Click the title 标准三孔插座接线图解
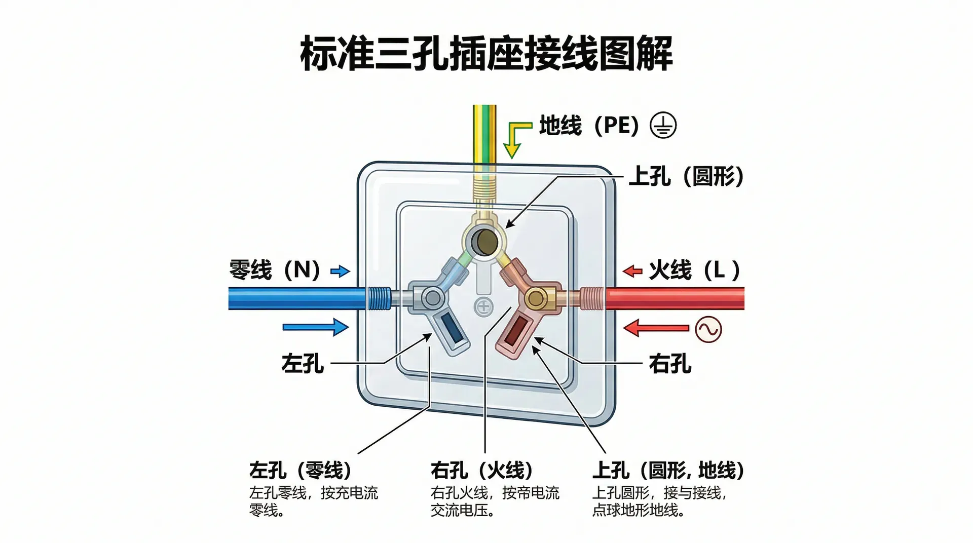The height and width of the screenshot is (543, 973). [x=486, y=53]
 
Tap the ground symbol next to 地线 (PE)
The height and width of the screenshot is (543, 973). [x=663, y=126]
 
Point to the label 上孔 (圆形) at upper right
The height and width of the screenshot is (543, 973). [x=686, y=177]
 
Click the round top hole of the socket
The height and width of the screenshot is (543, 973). [x=484, y=242]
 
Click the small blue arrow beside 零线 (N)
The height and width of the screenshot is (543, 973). [x=340, y=271]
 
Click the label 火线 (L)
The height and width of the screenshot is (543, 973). [x=694, y=270]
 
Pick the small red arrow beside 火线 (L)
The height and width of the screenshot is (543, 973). [x=632, y=271]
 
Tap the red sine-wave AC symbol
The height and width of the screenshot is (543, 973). [x=708, y=329]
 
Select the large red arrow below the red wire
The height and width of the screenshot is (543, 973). [x=656, y=328]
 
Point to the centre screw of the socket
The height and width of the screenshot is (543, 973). [x=483, y=306]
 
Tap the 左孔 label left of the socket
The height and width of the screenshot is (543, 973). [x=303, y=364]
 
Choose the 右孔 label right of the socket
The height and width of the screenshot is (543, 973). [x=670, y=364]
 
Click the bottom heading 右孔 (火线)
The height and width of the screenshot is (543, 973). [x=482, y=471]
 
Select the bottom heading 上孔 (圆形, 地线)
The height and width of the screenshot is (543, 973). [x=668, y=471]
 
